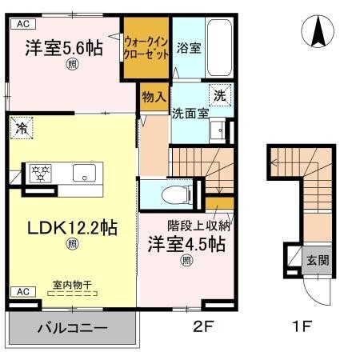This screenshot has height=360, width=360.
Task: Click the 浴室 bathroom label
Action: pos(189,48)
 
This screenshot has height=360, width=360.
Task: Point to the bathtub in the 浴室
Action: pos(218,49)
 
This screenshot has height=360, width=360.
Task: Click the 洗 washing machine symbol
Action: pos(220,94)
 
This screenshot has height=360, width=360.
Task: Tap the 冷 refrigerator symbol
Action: pos(22,127)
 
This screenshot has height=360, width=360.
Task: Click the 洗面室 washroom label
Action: pos(190,113)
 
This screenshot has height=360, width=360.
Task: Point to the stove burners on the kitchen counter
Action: pos(39,171)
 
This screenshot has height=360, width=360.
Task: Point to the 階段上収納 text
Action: pos(194,225)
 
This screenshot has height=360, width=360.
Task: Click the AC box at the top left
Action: pos(21,23)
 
